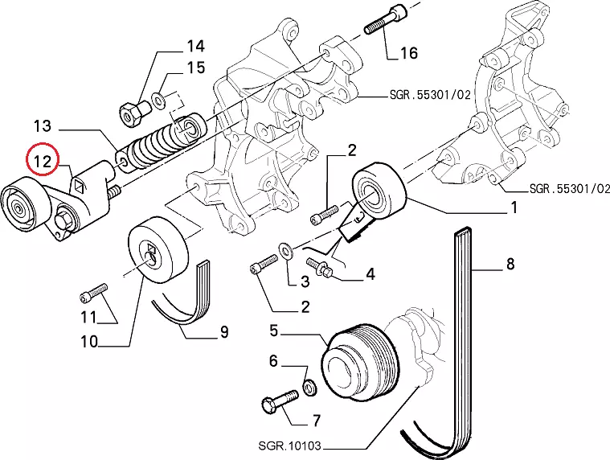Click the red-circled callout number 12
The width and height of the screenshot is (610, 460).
coord(43,160)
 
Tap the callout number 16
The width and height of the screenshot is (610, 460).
coord(408,52)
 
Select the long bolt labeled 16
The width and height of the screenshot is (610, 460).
coord(385,18)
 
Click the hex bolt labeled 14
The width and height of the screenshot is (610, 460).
coord(133,112)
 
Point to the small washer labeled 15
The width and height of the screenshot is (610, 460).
coord(159,99)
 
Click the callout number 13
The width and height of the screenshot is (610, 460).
coord(42,125)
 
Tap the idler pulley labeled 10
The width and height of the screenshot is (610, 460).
coord(158,250)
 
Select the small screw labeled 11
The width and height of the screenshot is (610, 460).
coord(94,294)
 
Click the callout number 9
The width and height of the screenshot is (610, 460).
coord(224,331)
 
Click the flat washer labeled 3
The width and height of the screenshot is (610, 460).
coord(286,251)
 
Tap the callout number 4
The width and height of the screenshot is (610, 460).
coord(371,273)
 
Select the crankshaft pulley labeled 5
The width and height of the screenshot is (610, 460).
coord(359,359)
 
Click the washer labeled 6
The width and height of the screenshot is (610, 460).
coord(309,388)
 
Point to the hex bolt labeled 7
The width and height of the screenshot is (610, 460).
coord(280,401)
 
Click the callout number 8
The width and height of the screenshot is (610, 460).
coord(510,264)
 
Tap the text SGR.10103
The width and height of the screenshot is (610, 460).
coord(290,445)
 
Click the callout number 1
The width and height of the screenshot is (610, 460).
coord(514,207)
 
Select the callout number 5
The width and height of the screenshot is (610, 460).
coord(274,331)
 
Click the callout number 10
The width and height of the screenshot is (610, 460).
coord(89,341)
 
